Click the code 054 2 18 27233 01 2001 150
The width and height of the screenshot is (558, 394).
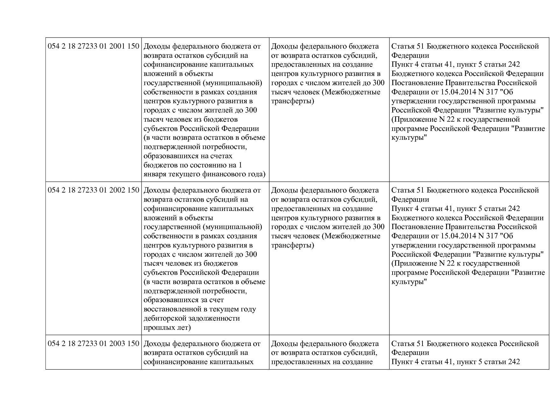pos(93,46)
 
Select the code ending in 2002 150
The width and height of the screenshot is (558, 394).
pos(93,190)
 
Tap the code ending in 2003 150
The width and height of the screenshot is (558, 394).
pos(93,344)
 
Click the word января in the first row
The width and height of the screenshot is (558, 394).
pos(155,174)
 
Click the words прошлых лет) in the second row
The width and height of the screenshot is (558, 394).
pos(167,328)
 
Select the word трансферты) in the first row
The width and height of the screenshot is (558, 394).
pos(292,101)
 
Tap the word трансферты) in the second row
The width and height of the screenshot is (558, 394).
pos(292,245)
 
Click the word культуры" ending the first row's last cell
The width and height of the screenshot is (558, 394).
pos(408,138)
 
